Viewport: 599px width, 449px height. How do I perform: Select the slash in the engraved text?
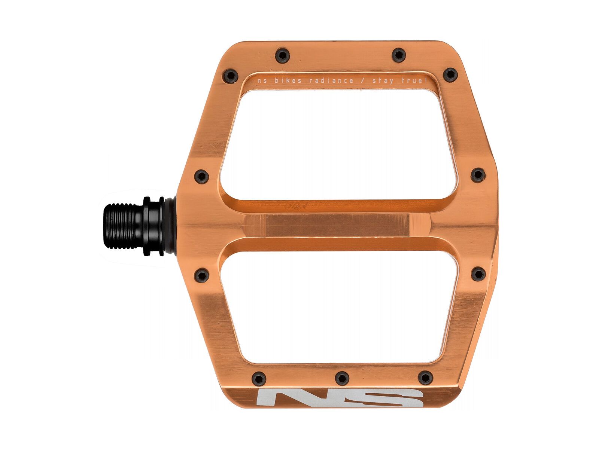(x=362, y=80)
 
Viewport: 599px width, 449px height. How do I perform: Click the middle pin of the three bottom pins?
(x=342, y=378)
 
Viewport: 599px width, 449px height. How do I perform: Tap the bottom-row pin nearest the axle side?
(x=259, y=378)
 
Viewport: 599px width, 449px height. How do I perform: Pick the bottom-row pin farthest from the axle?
(x=425, y=378)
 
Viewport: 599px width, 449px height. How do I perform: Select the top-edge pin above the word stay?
(x=399, y=55)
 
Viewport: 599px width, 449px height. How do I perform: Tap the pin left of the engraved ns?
(x=230, y=76)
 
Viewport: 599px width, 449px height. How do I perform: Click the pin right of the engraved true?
(x=450, y=74)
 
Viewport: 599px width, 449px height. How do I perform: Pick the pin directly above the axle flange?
(x=201, y=176)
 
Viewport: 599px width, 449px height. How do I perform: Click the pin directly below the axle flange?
(x=201, y=275)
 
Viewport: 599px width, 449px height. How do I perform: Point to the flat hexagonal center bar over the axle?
(x=337, y=225)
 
